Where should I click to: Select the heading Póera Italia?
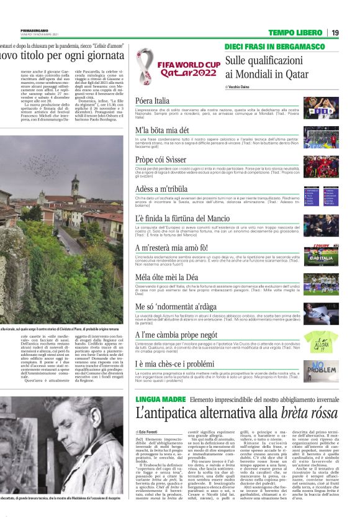152,101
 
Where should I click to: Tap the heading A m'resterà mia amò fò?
176,248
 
